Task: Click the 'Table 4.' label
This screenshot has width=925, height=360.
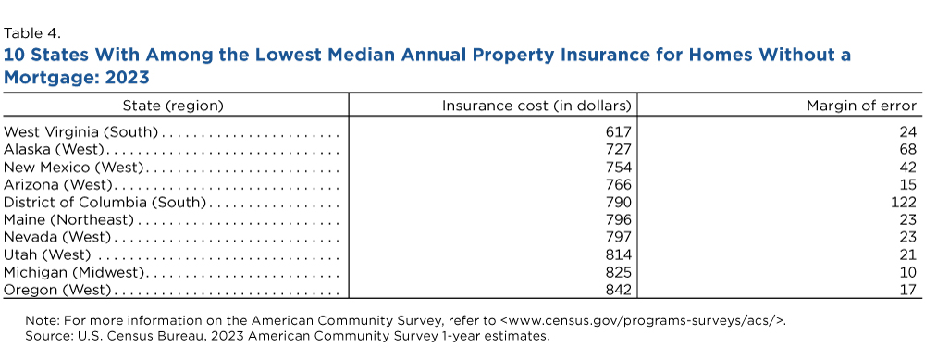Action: [31, 33]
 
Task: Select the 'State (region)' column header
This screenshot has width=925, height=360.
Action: [173, 106]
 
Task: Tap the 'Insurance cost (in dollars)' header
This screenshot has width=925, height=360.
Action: [536, 106]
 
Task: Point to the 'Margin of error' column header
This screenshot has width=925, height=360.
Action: [861, 106]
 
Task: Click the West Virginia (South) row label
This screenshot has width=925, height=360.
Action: [81, 132]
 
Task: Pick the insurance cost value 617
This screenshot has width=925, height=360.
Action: [618, 132]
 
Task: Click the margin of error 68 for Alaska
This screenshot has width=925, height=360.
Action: [908, 150]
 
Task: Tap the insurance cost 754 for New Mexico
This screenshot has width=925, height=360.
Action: [618, 168]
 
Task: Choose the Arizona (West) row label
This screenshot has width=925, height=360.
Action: [57, 185]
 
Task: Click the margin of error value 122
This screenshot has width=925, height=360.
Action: [905, 203]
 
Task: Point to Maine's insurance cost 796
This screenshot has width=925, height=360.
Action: [618, 220]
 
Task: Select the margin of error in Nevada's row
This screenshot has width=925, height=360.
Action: [908, 237]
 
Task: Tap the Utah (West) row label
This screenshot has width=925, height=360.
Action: [47, 254]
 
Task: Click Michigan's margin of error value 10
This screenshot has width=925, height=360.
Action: [908, 273]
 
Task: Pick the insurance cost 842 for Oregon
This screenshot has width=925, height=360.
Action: [618, 290]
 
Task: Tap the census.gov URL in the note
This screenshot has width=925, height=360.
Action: [643, 321]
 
